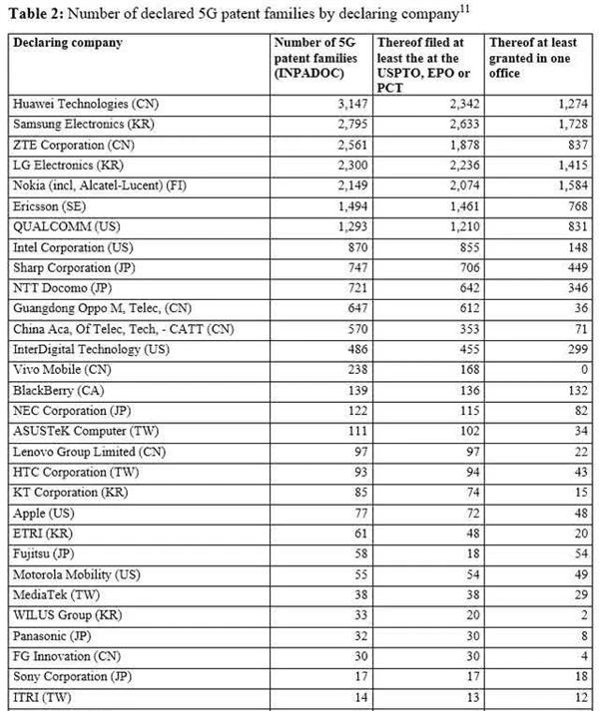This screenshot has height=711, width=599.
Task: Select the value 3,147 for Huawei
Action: (343, 103)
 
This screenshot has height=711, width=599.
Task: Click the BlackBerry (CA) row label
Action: (61, 390)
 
